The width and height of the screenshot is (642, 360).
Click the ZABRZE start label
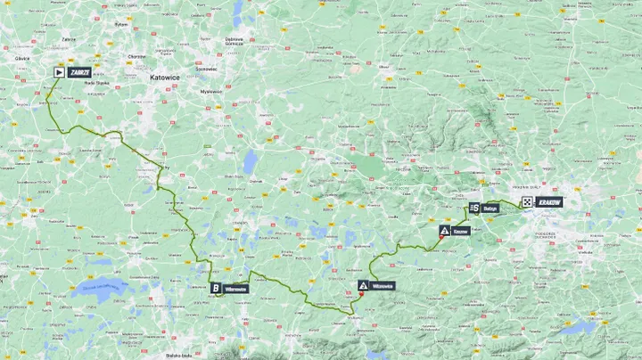pos(79,72)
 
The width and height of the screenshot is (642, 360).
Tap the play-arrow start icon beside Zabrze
pos(59,72)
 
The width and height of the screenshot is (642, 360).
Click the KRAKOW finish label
pos(549,203)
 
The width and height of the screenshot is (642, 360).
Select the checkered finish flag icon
pos(527,203)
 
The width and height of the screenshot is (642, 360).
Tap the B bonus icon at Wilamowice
pos(215,288)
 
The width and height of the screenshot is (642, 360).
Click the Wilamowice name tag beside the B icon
pos(236,288)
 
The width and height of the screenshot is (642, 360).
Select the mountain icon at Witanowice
pos(362,286)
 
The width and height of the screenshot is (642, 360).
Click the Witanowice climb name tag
pos(383,286)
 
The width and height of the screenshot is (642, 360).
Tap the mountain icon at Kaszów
pos(442,230)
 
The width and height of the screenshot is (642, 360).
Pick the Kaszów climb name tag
pos(460,230)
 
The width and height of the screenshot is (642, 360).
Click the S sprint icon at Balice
pos(473,208)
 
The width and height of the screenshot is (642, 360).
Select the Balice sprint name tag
pos(490,208)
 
